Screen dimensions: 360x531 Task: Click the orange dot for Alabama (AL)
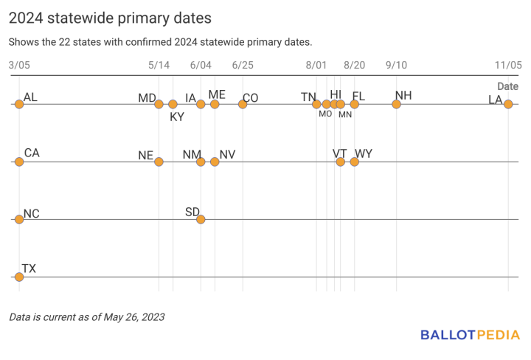19,104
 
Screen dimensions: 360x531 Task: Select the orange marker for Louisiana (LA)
508,104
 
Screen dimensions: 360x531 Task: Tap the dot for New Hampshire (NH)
396,104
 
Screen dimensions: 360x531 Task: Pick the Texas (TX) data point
19,277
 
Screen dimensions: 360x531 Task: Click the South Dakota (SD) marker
201,219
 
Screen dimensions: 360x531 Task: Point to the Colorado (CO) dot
243,104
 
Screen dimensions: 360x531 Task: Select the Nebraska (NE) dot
159,162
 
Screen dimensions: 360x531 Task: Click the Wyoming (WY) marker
354,162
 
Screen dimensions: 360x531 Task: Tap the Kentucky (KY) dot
173,104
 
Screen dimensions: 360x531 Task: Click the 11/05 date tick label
507,65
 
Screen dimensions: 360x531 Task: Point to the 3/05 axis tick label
19,65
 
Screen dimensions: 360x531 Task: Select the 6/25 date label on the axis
243,65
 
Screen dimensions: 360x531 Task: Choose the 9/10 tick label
396,65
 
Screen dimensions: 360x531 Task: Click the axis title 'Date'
507,86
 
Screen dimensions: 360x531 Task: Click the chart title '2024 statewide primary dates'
110,17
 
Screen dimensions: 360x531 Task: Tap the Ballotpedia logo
470,335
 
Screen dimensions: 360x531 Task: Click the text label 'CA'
32,153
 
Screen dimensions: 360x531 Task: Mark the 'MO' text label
325,114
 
